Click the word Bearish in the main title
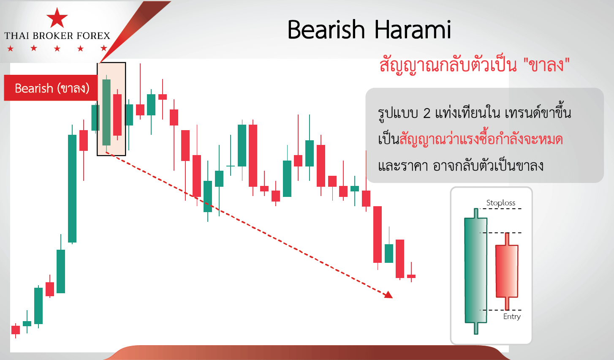tap(326, 29)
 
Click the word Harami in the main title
tap(413, 29)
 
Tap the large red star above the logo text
tap(57, 18)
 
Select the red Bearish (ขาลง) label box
tap(51, 88)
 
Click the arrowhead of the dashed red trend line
tap(389, 295)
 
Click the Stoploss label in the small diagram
tap(500, 203)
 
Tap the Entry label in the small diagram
tap(512, 316)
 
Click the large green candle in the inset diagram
tap(476, 271)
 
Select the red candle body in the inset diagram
tap(507, 271)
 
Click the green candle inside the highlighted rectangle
tap(106, 112)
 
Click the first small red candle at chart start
tap(16, 330)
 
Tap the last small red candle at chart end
tap(411, 276)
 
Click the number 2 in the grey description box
tap(427, 113)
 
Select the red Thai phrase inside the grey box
tap(481, 139)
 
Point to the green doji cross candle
tap(230, 166)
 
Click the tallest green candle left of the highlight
tap(72, 188)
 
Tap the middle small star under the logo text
tap(57, 49)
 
